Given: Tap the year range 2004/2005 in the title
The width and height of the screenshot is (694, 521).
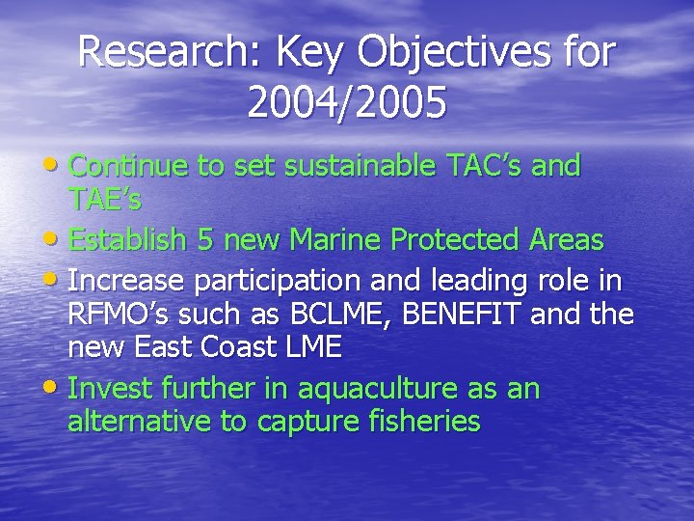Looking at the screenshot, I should click(x=347, y=103).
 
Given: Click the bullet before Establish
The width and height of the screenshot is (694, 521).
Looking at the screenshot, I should click(x=58, y=235).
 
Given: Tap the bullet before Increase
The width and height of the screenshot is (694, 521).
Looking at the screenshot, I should click(x=58, y=281).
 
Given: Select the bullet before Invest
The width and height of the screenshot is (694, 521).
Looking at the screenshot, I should click(x=58, y=389).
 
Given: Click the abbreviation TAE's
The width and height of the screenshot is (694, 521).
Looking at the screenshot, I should click(x=106, y=200).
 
